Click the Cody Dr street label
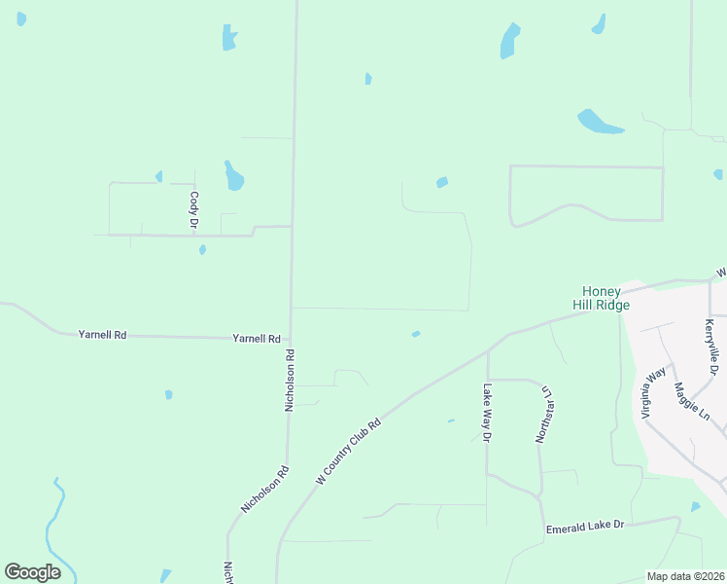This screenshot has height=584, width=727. coord(194,210)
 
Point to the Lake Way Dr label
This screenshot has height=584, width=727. coord(487,413)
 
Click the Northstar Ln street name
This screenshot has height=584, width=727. coord(545,416)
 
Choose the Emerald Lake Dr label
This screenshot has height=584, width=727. coord(583,526)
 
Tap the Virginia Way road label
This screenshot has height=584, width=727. coord(653,392)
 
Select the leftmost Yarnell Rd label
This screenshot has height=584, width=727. coord(102,335)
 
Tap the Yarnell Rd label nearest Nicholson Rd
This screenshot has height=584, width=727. coord(257,339)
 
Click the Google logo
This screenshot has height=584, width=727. coord(32,572)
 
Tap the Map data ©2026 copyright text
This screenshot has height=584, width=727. coord(686,576)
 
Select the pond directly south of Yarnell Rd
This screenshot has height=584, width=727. coord(168,394)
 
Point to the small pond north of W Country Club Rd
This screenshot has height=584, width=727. coord(416,334)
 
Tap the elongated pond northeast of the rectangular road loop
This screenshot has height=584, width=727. coord(600,123)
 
